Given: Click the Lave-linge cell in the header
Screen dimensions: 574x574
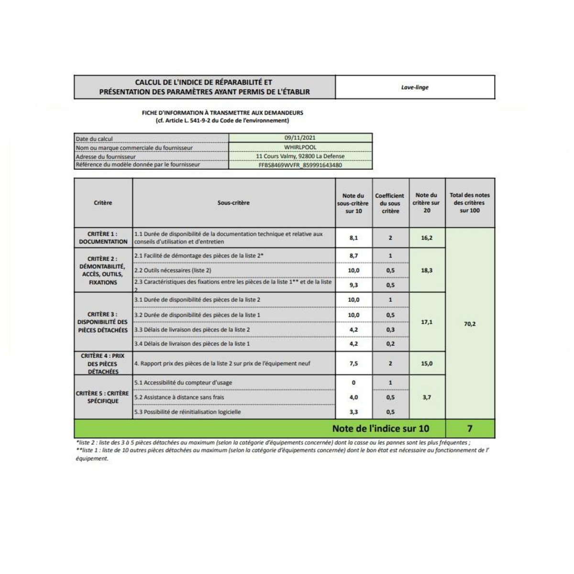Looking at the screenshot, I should [x=415, y=88].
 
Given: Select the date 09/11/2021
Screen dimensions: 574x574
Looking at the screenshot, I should [x=300, y=138].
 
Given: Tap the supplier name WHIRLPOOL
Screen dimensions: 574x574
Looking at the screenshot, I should [x=300, y=147].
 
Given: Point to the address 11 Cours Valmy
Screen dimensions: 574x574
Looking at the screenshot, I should [x=300, y=156].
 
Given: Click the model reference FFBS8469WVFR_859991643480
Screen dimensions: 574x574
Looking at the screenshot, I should [x=300, y=165].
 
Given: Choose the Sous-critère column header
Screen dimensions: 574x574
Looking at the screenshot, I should [x=233, y=203].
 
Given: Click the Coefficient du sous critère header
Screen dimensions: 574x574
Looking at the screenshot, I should [x=390, y=203].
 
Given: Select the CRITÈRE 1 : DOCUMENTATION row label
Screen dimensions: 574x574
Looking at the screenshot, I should [x=103, y=238].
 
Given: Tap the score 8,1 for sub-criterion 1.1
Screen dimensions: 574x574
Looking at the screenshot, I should [x=353, y=238].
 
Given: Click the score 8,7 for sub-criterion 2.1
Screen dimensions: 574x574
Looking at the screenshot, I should [x=353, y=256].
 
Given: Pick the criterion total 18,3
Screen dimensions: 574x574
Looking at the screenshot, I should [x=427, y=270].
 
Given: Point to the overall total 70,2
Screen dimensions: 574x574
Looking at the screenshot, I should [x=470, y=324].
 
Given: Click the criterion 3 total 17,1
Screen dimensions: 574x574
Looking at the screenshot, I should [x=427, y=322].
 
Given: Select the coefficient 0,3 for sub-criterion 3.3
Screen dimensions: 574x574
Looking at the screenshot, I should [x=390, y=330].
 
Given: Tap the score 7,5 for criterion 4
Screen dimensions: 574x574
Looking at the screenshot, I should [x=353, y=364].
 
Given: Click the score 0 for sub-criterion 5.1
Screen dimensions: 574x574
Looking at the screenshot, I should [x=353, y=383].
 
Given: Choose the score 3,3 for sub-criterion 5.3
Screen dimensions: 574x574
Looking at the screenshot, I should [x=353, y=412].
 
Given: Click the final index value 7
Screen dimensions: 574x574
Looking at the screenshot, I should [x=470, y=428].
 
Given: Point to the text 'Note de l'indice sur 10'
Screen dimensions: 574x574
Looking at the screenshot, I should [x=380, y=429].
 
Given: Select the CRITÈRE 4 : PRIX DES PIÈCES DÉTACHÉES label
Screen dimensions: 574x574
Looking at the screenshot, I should [x=103, y=364].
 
